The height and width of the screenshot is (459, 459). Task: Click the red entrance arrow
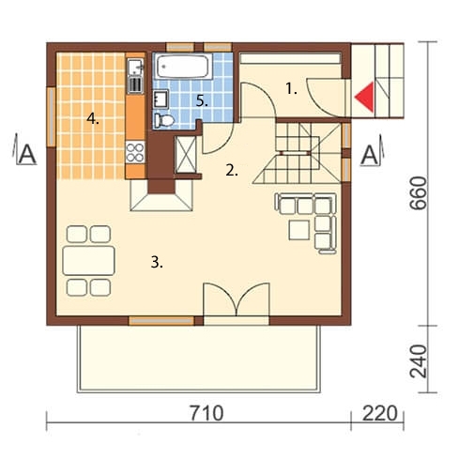(366, 97)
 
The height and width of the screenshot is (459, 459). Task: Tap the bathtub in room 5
(183, 67)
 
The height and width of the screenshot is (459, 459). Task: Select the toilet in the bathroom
(163, 120)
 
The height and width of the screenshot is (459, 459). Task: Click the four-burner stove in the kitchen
(135, 152)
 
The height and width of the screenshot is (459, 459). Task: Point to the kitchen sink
(136, 67)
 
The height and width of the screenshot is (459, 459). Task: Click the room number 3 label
(157, 262)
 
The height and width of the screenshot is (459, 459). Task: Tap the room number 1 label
(291, 89)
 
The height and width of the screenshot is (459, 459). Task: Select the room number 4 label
(93, 119)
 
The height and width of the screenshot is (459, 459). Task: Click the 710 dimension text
(207, 413)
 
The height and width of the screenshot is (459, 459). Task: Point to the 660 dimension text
(418, 192)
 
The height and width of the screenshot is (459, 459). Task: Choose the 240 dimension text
(419, 361)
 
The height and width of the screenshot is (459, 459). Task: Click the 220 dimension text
(380, 413)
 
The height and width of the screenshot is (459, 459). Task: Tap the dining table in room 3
(89, 261)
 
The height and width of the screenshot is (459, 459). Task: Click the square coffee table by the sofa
(299, 230)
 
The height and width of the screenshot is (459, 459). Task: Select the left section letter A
(27, 154)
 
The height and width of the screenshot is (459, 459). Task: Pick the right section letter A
(370, 156)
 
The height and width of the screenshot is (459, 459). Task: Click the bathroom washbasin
(161, 99)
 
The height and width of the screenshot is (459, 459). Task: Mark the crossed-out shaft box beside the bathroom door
(186, 155)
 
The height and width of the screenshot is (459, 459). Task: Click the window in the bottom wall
(161, 321)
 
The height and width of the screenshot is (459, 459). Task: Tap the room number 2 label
(232, 171)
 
